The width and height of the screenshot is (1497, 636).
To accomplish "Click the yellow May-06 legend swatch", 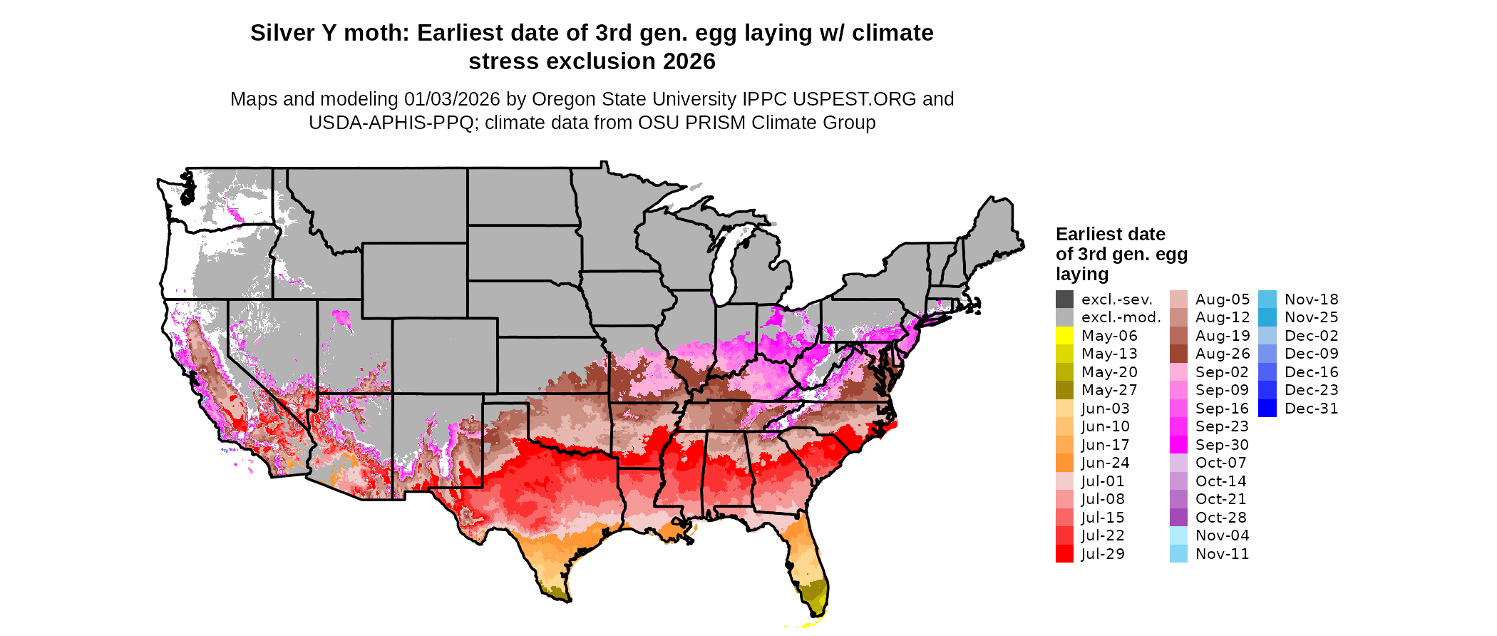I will pyautogui.click(x=1064, y=336).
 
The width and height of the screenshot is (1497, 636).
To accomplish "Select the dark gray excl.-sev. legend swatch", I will pyautogui.click(x=1064, y=299).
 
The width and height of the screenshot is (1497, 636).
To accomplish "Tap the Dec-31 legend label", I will pyautogui.click(x=1311, y=409).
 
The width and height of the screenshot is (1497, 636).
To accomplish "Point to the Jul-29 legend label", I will pyautogui.click(x=1102, y=554).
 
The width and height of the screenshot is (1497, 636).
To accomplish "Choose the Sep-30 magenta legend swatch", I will pyautogui.click(x=1178, y=445).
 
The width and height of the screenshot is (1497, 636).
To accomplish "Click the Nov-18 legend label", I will pyautogui.click(x=1311, y=299).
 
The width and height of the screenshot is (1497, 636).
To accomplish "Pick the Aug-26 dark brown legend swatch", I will pyautogui.click(x=1178, y=354).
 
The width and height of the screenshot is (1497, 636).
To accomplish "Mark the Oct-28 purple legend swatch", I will pyautogui.click(x=1178, y=518).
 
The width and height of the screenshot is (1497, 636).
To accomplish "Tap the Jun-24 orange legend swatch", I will pyautogui.click(x=1064, y=463).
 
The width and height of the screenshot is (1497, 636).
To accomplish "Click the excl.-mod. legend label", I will pyautogui.click(x=1121, y=317).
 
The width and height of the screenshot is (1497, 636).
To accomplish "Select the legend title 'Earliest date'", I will pyautogui.click(x=1110, y=234).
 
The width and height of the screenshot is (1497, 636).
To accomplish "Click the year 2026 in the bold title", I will pyautogui.click(x=689, y=62).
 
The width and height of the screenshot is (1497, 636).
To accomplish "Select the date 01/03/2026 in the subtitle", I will pyautogui.click(x=452, y=99).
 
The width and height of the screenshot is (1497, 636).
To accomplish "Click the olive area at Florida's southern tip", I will pyautogui.click(x=814, y=591).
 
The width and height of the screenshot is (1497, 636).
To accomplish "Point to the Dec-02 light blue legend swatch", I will pyautogui.click(x=1267, y=336).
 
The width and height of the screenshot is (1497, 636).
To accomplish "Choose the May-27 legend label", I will pyautogui.click(x=1108, y=390).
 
